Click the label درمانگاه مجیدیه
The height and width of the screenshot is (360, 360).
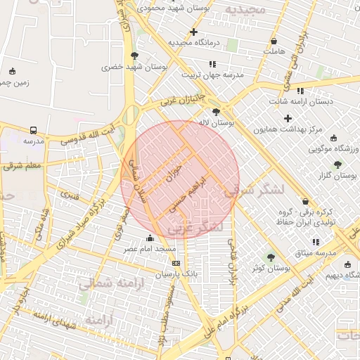tap(193, 43)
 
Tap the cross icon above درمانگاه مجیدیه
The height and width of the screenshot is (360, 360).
tap(193, 32)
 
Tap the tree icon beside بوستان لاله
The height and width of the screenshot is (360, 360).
tap(215, 111)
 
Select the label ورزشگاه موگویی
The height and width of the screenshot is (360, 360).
tap(334, 149)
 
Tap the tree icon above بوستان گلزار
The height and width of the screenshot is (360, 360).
tap(338, 164)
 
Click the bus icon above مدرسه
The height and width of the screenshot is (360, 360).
tap(33, 130)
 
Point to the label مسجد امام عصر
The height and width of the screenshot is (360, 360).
tap(150, 248)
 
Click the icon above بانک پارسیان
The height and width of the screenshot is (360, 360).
tap(176, 263)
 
